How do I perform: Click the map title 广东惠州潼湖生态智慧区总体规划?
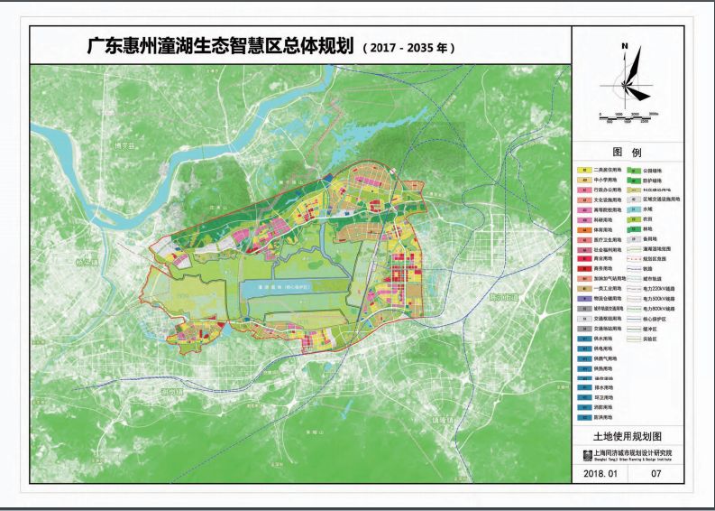pos(217,46)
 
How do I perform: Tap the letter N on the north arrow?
pos(623,45)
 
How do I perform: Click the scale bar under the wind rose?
pos(629,113)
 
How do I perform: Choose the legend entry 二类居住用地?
pos(600,171)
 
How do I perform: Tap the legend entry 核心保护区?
pos(655,319)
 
